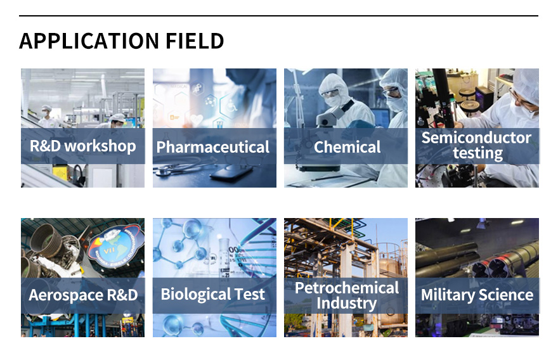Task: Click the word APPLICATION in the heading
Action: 89,41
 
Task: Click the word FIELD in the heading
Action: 195,41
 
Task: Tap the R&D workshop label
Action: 82,146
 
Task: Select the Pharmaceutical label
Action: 213,147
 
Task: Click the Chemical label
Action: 347,147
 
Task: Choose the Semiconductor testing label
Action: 476,146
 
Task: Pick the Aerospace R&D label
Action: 83,295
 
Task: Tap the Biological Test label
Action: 213,294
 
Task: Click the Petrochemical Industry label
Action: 347,295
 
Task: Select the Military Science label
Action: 477,295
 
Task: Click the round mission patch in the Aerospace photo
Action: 115,245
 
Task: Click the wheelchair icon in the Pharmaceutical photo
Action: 232,105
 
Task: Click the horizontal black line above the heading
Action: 278,16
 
